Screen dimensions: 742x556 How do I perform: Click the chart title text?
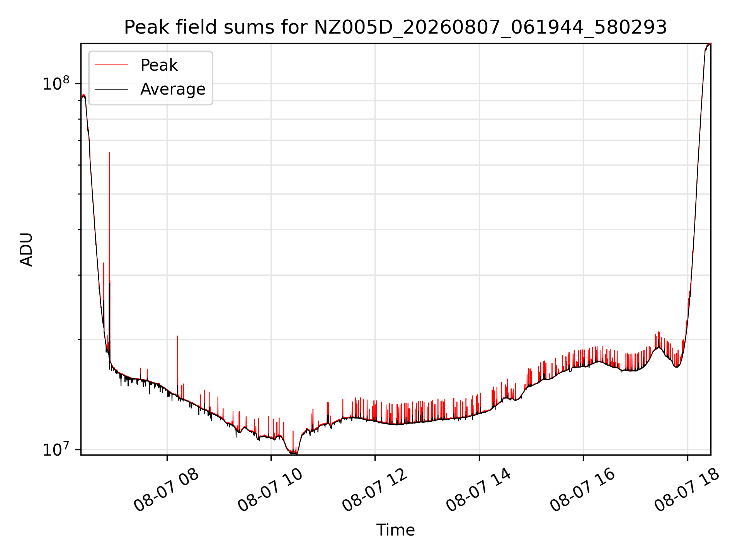[x=395, y=27]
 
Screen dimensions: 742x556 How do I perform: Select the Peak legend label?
[x=159, y=65]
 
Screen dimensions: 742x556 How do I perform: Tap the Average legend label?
[x=173, y=89]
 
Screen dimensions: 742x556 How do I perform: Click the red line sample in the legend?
[x=111, y=65]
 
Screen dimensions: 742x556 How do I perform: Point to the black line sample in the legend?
[x=111, y=89]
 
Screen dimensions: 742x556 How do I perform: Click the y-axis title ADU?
[x=26, y=249]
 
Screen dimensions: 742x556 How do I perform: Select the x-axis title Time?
[x=395, y=530]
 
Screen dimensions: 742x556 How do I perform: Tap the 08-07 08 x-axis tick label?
[x=166, y=490]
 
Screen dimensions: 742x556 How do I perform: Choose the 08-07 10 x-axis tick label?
[x=270, y=490]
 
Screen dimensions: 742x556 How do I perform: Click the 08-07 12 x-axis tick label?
[x=374, y=490]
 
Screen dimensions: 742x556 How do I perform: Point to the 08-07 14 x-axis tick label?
[x=478, y=490]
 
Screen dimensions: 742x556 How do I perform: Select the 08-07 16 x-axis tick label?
[x=583, y=490]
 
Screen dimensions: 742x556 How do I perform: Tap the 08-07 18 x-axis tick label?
[x=687, y=490]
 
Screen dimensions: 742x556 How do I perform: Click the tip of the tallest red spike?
[x=109, y=153]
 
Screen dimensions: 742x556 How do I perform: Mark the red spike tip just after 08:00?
[x=177, y=336]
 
